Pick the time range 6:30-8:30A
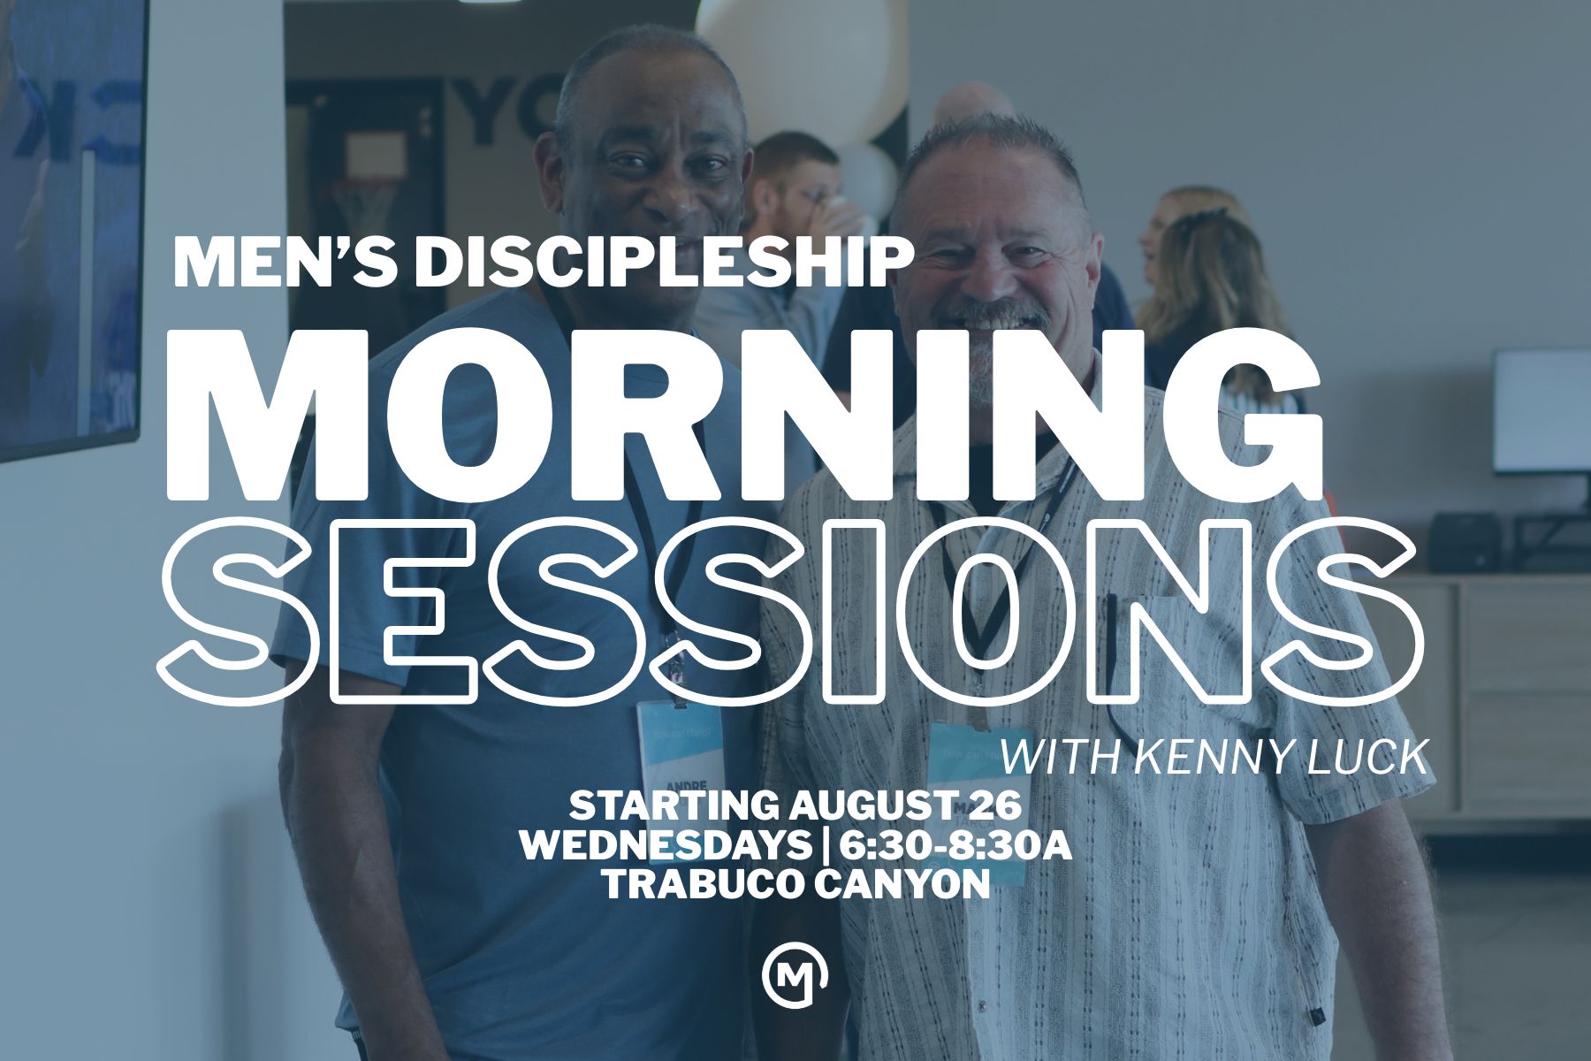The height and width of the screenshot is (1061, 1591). pyautogui.click(x=955, y=846)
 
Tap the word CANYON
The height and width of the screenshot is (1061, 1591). pyautogui.click(x=902, y=885)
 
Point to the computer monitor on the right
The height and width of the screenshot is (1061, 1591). pyautogui.click(x=1541, y=412)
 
